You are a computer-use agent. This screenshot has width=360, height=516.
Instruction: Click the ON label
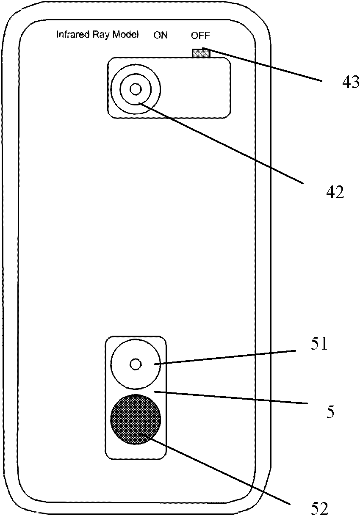point(161,35)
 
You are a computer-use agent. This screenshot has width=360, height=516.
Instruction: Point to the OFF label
point(200,35)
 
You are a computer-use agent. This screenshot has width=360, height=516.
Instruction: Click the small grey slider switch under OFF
point(201,53)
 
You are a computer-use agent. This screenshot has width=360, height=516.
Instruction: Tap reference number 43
point(351,81)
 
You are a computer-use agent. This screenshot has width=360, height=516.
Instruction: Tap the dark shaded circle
point(136,419)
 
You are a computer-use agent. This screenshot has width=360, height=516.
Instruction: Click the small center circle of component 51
point(136,364)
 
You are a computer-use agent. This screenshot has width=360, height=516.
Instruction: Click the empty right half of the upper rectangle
point(197,88)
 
